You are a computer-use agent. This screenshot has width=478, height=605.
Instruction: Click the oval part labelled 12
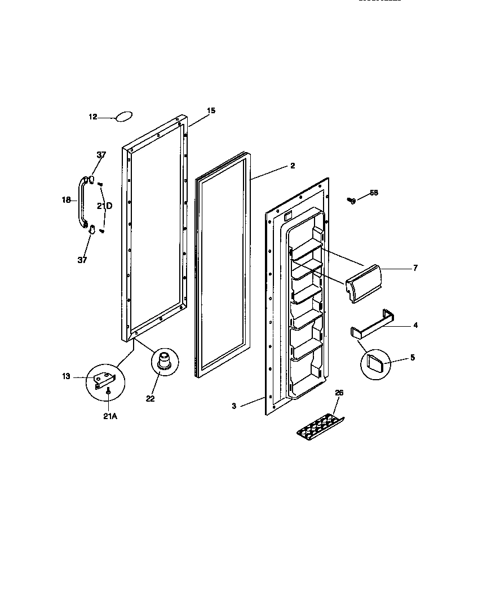click(x=124, y=116)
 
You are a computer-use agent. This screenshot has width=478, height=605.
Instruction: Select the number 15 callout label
click(x=211, y=111)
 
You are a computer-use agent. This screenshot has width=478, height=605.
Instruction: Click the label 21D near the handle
click(x=104, y=206)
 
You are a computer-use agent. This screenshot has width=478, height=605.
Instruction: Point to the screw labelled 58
click(x=352, y=200)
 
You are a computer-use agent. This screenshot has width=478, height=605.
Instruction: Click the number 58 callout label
click(x=374, y=193)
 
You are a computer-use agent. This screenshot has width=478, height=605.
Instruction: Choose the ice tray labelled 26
click(x=321, y=424)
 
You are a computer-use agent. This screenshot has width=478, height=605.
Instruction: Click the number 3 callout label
click(x=234, y=406)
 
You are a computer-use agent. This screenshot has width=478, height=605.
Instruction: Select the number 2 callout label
click(x=293, y=166)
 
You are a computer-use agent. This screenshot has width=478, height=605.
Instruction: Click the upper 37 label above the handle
click(x=101, y=155)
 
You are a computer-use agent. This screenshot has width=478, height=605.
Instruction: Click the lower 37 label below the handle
click(x=83, y=260)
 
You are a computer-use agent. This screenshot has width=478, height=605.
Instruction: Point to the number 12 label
click(x=93, y=117)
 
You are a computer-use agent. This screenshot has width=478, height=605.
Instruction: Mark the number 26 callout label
click(x=338, y=393)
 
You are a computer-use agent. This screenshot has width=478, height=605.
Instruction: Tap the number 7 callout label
click(x=415, y=268)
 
